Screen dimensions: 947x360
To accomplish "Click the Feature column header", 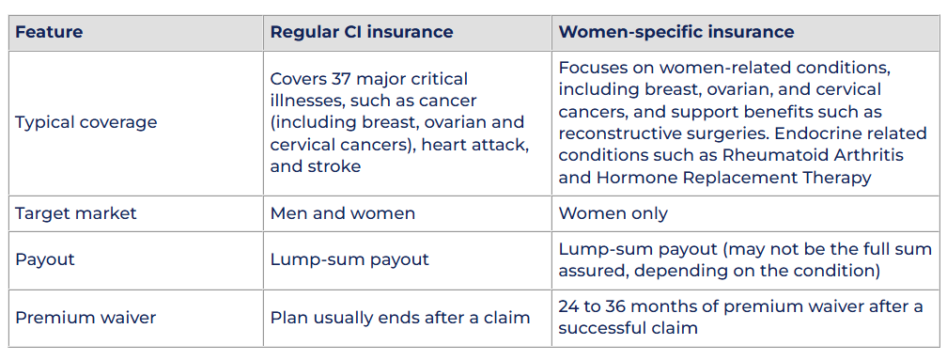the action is (49, 32).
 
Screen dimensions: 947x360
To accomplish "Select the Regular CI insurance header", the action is (361, 32).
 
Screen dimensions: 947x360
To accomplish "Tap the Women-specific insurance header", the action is (675, 32).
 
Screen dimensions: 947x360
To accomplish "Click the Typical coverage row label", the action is (85, 122).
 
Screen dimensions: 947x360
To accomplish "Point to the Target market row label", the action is (76, 213).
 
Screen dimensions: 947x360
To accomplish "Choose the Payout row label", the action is (45, 259).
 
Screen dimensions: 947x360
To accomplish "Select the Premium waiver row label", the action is (85, 318).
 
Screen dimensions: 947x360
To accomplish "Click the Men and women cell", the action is (342, 213).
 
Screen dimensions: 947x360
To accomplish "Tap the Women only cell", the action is (613, 213).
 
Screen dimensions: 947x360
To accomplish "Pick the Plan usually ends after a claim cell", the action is (400, 318).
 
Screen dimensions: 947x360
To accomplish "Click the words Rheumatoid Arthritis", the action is (813, 155).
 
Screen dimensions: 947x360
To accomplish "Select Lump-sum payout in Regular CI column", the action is (349, 259).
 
